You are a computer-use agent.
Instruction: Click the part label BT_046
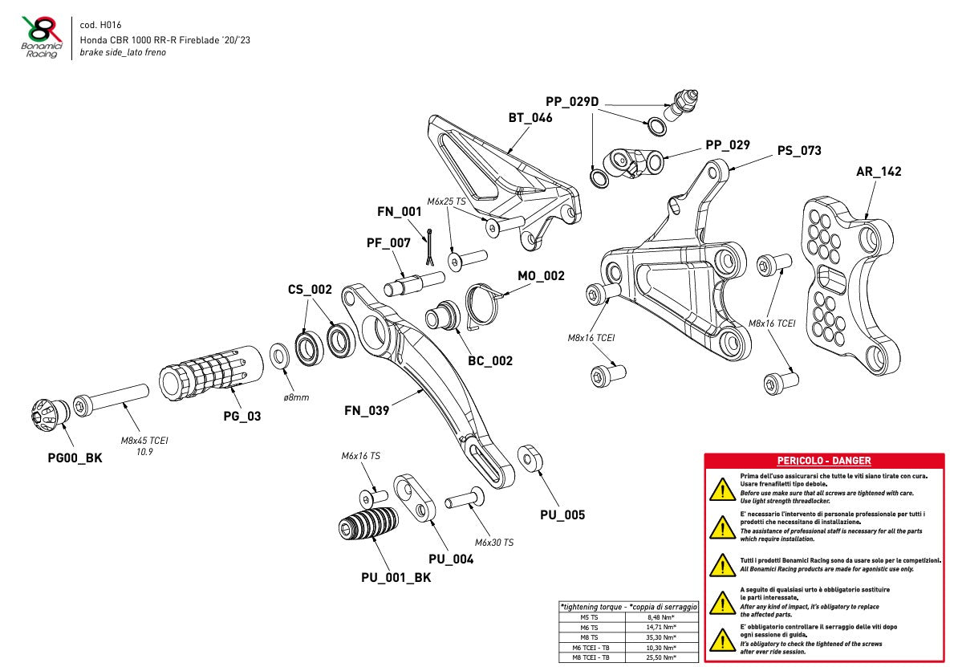click(x=530, y=117)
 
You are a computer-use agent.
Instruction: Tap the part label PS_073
click(x=799, y=151)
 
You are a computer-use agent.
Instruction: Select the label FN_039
click(x=367, y=411)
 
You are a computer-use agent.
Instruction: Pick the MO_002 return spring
click(x=484, y=304)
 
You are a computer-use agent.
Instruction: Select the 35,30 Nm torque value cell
click(x=661, y=636)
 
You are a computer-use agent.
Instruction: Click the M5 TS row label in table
click(x=591, y=617)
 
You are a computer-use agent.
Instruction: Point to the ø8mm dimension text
click(x=295, y=397)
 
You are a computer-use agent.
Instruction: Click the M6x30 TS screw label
click(x=493, y=543)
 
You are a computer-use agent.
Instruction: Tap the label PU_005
click(x=562, y=514)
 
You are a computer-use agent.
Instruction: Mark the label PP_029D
click(x=572, y=101)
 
